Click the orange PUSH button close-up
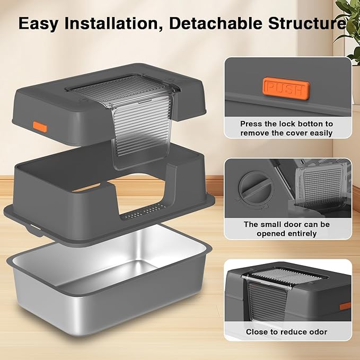[x=286, y=87]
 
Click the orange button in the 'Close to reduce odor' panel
[x=345, y=306]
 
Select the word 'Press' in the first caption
[x=252, y=124]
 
